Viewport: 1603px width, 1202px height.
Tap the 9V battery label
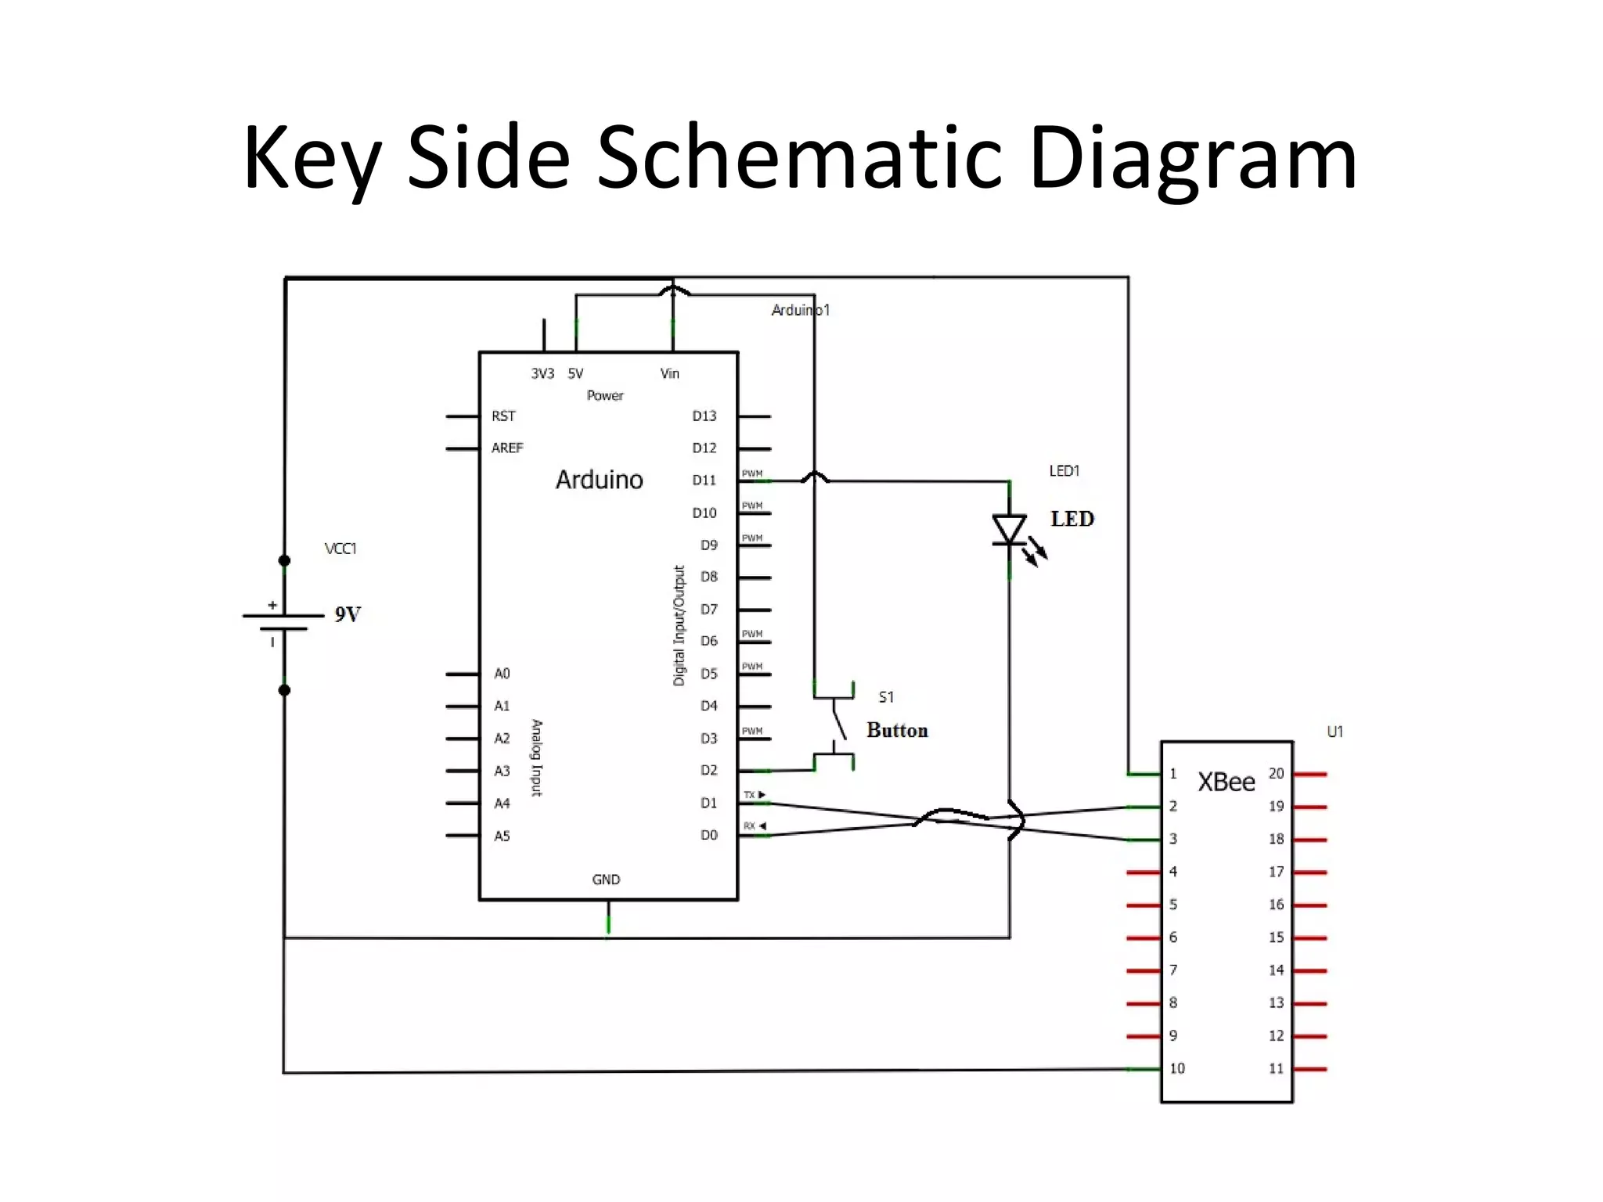coord(348,614)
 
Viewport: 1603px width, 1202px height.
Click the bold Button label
coord(897,730)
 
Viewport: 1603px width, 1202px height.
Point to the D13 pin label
coord(704,416)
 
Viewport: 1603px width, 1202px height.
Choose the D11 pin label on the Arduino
coord(704,480)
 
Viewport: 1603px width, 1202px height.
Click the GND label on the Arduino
coord(606,880)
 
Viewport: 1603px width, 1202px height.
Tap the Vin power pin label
coord(669,374)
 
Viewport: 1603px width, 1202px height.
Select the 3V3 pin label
coord(542,374)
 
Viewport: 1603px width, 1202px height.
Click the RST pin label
coord(503,416)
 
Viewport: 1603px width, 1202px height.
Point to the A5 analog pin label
coord(502,836)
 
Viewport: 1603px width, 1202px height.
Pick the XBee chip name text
coord(1226,782)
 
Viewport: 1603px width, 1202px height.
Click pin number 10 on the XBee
coord(1176,1068)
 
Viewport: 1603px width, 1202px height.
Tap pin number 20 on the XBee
coord(1276,773)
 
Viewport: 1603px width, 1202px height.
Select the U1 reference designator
coord(1335,732)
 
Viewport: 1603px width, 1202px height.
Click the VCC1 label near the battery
coord(340,549)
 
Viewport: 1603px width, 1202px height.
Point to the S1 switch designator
coord(886,696)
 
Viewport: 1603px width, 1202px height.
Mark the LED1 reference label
coord(1064,470)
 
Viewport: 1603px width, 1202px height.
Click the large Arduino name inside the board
coord(599,480)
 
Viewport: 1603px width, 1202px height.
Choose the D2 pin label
coord(708,770)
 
